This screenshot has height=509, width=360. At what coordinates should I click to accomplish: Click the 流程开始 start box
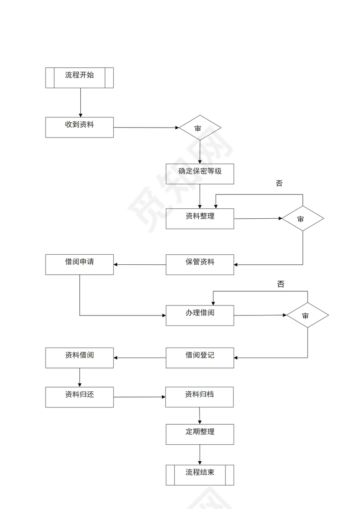79,78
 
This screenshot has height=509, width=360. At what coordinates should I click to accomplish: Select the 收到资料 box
79,127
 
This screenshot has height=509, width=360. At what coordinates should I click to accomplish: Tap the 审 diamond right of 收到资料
200,128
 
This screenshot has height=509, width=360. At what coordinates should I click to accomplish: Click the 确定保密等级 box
200,174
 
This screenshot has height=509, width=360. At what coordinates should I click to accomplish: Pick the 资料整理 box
200,218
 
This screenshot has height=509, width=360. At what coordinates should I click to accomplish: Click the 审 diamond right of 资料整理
303,218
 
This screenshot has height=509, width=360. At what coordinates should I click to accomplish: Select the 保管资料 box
200,264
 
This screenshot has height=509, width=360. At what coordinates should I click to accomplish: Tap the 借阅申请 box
79,264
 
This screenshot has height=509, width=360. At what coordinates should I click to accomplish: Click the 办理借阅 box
200,315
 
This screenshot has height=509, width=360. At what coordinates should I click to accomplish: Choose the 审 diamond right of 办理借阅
308,315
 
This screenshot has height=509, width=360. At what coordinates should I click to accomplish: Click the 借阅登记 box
200,358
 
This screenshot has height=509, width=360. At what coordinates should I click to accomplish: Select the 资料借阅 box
79,358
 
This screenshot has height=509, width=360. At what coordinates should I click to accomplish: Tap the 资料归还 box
79,397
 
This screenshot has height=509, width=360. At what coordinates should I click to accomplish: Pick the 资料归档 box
200,397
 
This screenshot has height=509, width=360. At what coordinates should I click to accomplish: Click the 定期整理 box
200,434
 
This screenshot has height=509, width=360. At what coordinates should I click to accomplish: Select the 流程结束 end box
200,475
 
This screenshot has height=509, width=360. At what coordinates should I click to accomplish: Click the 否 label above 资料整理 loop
279,183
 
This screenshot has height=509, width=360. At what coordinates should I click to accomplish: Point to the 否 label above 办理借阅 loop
281,284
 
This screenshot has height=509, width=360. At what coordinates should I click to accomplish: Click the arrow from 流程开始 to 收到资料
80,102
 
